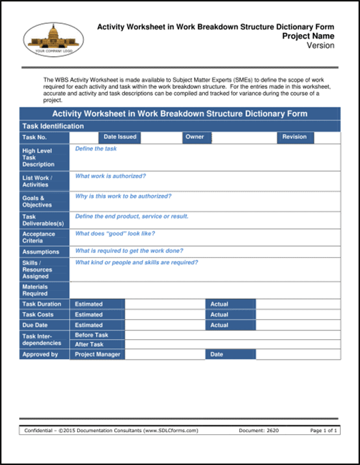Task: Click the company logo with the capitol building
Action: click(52, 39)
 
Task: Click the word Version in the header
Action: click(320, 46)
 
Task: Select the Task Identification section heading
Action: click(53, 127)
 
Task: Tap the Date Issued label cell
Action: click(120, 137)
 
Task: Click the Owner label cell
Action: click(195, 137)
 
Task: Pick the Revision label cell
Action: click(295, 137)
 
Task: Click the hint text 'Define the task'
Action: click(96, 149)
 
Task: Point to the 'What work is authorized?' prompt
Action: click(110, 176)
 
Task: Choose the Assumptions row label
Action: click(41, 252)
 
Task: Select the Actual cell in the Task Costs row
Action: click(230, 315)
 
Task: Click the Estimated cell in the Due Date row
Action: click(98, 325)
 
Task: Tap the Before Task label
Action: click(92, 336)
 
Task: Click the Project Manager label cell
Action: click(98, 355)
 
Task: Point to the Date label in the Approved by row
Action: click(230, 355)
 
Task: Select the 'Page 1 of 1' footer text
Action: click(324, 430)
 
